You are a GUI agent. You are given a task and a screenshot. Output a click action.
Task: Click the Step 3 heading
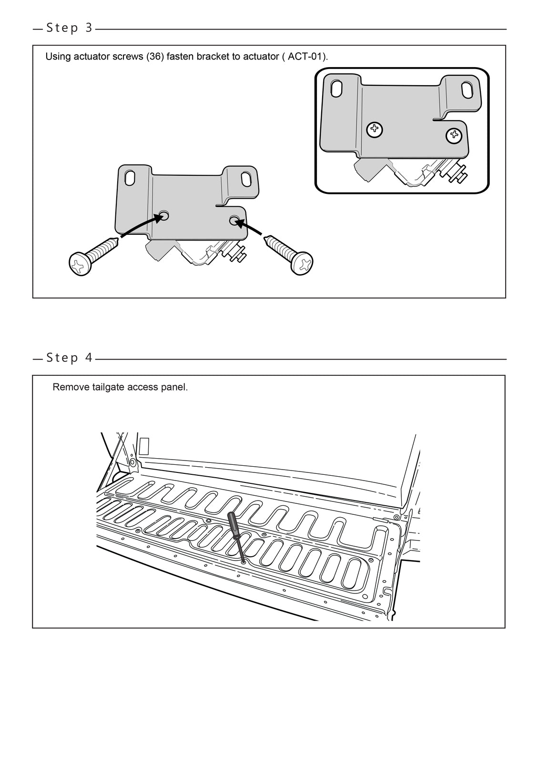tap(69, 28)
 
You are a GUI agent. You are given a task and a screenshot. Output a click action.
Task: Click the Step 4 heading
tap(69, 358)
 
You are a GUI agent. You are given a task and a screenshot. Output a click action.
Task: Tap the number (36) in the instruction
tap(155, 57)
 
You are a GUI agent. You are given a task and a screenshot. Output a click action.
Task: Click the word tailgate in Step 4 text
tap(103, 387)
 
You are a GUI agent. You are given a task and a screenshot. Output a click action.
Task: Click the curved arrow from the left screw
tap(138, 226)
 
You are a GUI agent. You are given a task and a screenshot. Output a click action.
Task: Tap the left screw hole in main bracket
tap(164, 215)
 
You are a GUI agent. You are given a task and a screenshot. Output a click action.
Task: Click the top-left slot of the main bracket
tap(130, 178)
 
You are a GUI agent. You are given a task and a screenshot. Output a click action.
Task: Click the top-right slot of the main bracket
tap(246, 179)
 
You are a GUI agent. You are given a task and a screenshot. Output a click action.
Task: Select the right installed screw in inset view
tap(454, 136)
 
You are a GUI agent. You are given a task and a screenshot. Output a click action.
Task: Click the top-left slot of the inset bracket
tap(336, 89)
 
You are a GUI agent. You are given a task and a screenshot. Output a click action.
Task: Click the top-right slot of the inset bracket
tap(467, 91)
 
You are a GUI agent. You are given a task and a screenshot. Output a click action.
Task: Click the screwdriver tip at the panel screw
tap(244, 561)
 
